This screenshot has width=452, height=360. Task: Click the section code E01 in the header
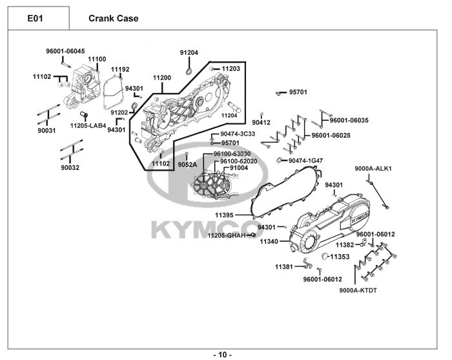(35, 18)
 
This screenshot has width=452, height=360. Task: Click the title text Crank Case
(113, 18)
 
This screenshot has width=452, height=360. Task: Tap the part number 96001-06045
(65, 51)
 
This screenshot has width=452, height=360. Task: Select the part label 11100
(97, 59)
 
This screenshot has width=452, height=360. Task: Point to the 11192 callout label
(120, 69)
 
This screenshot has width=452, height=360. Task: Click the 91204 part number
(189, 52)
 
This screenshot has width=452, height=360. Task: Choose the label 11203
(231, 68)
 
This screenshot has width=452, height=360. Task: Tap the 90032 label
(70, 167)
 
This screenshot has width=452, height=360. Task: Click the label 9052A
(187, 164)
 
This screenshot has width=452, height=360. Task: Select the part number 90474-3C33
(238, 134)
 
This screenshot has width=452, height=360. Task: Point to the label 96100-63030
(236, 154)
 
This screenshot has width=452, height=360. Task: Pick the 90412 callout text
(261, 122)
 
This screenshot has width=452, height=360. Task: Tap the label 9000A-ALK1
(373, 169)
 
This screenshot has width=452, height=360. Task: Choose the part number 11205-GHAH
(225, 235)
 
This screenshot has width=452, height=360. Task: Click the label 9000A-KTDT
(358, 290)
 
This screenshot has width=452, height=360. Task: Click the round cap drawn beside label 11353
(325, 257)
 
